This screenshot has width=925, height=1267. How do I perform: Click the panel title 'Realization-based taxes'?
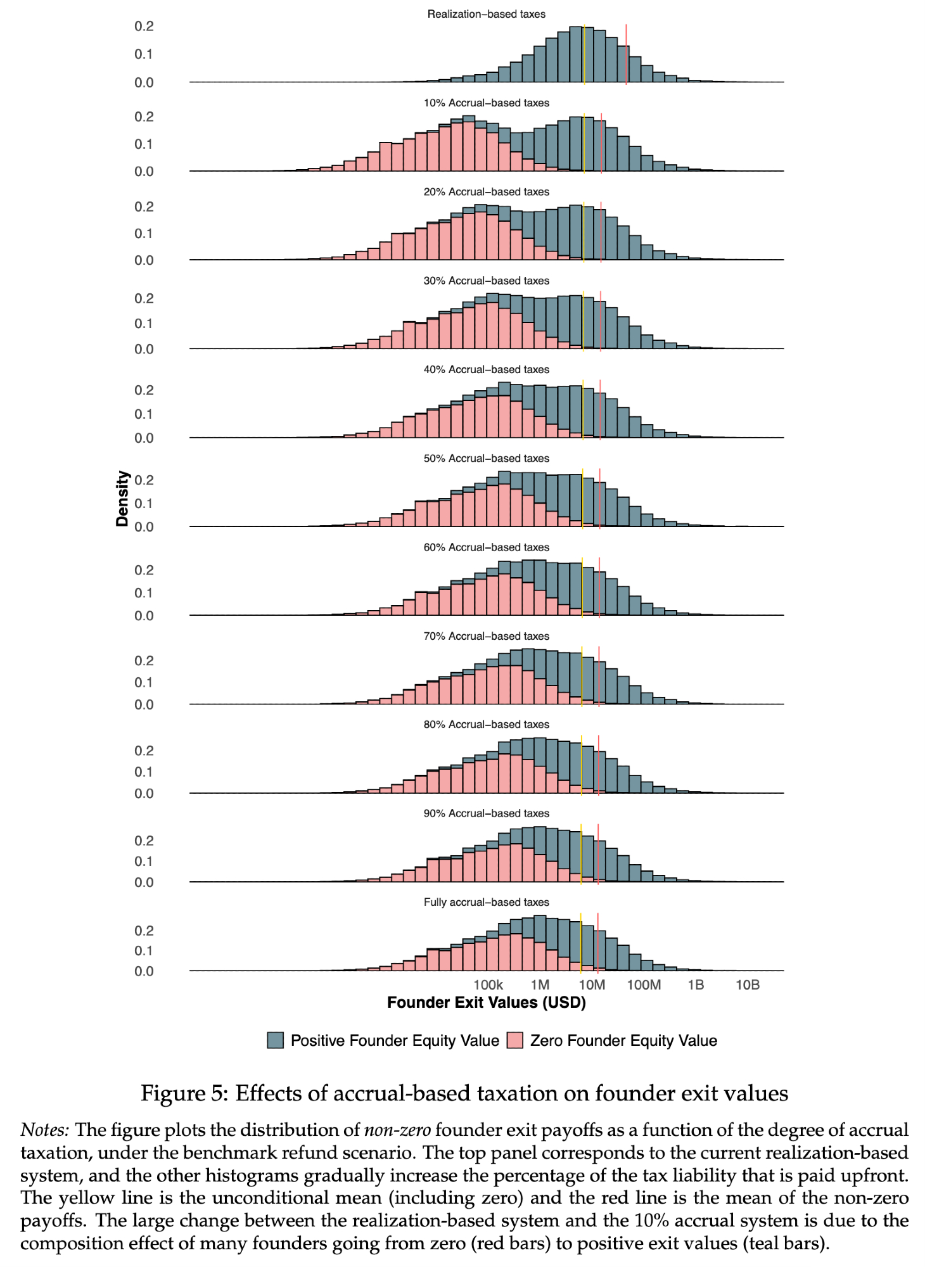tap(486, 14)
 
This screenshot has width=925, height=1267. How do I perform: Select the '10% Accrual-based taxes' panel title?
tap(486, 103)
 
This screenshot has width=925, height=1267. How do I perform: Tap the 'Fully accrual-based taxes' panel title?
tap(486, 902)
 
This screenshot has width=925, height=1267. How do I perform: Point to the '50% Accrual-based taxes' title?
tap(486, 458)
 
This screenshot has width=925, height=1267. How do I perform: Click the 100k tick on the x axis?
tap(488, 985)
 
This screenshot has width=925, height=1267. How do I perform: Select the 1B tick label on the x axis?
tap(696, 985)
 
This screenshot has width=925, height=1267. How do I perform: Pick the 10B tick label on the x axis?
tap(748, 985)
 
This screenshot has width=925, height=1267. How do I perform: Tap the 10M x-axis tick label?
tap(592, 985)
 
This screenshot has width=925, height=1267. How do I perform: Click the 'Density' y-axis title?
tap(122, 499)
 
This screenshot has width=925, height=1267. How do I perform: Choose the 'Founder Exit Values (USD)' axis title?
tap(486, 1003)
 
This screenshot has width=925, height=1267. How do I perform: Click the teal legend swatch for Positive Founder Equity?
tap(275, 1040)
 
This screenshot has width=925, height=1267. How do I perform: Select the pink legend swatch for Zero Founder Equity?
tap(515, 1040)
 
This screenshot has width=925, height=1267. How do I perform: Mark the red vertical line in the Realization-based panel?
tap(627, 54)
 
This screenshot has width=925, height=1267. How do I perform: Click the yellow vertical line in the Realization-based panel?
tap(584, 54)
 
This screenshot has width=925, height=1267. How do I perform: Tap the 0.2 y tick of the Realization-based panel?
tap(144, 26)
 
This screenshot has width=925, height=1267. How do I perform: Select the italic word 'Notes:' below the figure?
tap(44, 1130)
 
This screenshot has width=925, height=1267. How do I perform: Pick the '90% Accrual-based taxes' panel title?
tap(486, 813)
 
